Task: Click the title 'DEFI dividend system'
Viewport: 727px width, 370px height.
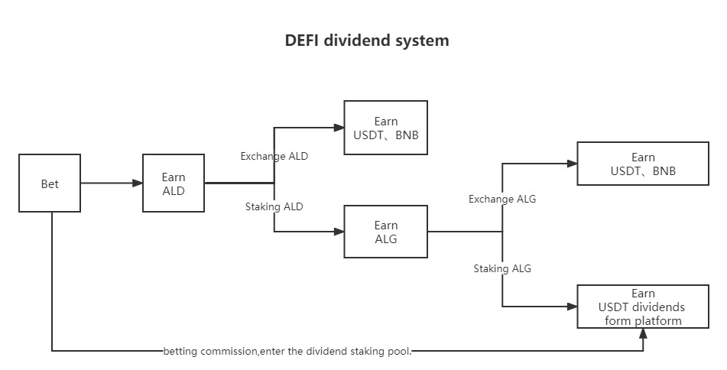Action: point(367,41)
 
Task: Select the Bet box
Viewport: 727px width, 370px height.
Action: point(50,183)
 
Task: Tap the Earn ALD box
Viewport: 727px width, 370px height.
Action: point(174,183)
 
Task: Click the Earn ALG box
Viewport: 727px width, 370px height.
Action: point(386,232)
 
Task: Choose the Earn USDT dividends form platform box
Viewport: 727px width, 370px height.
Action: point(643,307)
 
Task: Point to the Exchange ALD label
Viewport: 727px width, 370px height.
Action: point(274,156)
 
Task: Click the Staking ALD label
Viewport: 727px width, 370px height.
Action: point(274,206)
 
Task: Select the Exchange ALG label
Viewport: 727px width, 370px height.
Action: point(502,199)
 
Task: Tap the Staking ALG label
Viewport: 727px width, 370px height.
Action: point(502,268)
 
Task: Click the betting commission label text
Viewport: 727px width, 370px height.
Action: point(287,351)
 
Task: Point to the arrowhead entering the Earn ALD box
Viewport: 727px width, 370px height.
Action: point(138,183)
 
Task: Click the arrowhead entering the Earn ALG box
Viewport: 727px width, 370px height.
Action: point(339,232)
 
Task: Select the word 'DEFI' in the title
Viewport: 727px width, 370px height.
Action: point(301,41)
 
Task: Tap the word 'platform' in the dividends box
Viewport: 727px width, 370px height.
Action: point(658,321)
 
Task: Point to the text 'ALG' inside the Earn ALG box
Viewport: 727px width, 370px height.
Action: point(386,239)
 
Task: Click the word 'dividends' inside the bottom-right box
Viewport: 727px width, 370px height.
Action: point(658,307)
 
